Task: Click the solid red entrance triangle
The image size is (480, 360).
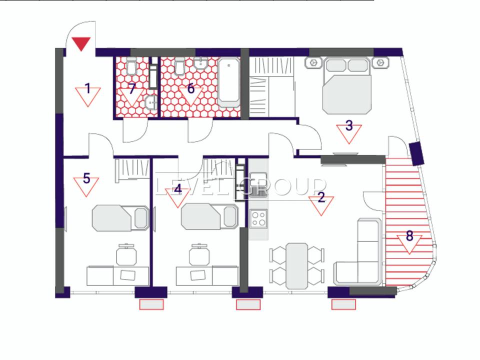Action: (x=81, y=43)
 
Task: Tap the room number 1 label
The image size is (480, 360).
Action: (x=88, y=89)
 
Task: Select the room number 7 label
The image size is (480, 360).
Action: (x=132, y=89)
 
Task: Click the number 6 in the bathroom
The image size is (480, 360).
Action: (x=190, y=88)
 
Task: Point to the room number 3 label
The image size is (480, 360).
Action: (x=349, y=125)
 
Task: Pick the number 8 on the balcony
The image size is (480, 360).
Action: (x=409, y=235)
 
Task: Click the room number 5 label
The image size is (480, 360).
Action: (x=86, y=178)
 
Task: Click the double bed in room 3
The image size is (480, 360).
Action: (x=347, y=85)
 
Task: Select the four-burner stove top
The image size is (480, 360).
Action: (x=258, y=218)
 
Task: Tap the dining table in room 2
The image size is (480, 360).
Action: (x=296, y=266)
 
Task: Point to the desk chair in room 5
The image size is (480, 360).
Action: (x=126, y=254)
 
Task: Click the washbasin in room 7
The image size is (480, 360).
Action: (x=151, y=102)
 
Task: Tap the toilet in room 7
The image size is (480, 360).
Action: (x=131, y=66)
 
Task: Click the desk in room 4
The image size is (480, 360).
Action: (x=207, y=276)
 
